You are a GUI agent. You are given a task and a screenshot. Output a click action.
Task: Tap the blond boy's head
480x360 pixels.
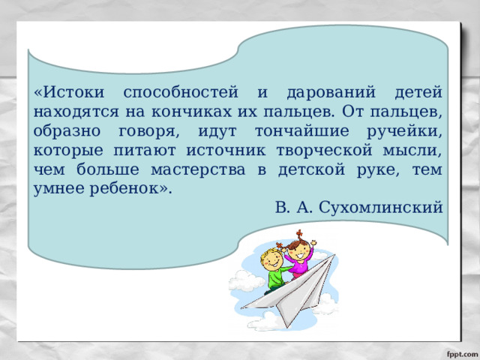tap(271, 259)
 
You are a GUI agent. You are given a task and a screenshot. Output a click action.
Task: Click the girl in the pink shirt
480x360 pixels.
tap(301, 259)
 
